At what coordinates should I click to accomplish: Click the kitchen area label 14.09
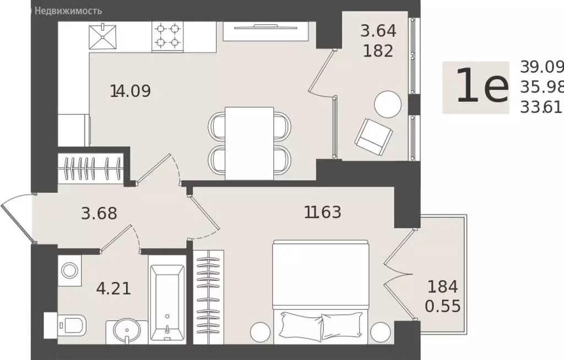(131, 91)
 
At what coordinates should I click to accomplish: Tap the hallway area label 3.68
(99, 214)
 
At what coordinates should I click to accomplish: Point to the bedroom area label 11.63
(323, 211)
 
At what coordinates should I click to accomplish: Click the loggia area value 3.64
(378, 31)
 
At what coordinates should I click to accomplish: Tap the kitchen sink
(104, 37)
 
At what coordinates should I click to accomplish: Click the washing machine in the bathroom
(69, 270)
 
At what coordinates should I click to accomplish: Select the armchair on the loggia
(373, 134)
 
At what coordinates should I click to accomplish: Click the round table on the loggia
(388, 104)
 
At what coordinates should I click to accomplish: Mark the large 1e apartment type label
(481, 88)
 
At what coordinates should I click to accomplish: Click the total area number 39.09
(542, 67)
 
